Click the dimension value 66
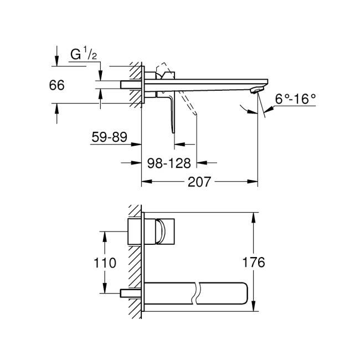coord(57,85)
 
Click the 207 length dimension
coord(199,181)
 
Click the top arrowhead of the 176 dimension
coord(254,217)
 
